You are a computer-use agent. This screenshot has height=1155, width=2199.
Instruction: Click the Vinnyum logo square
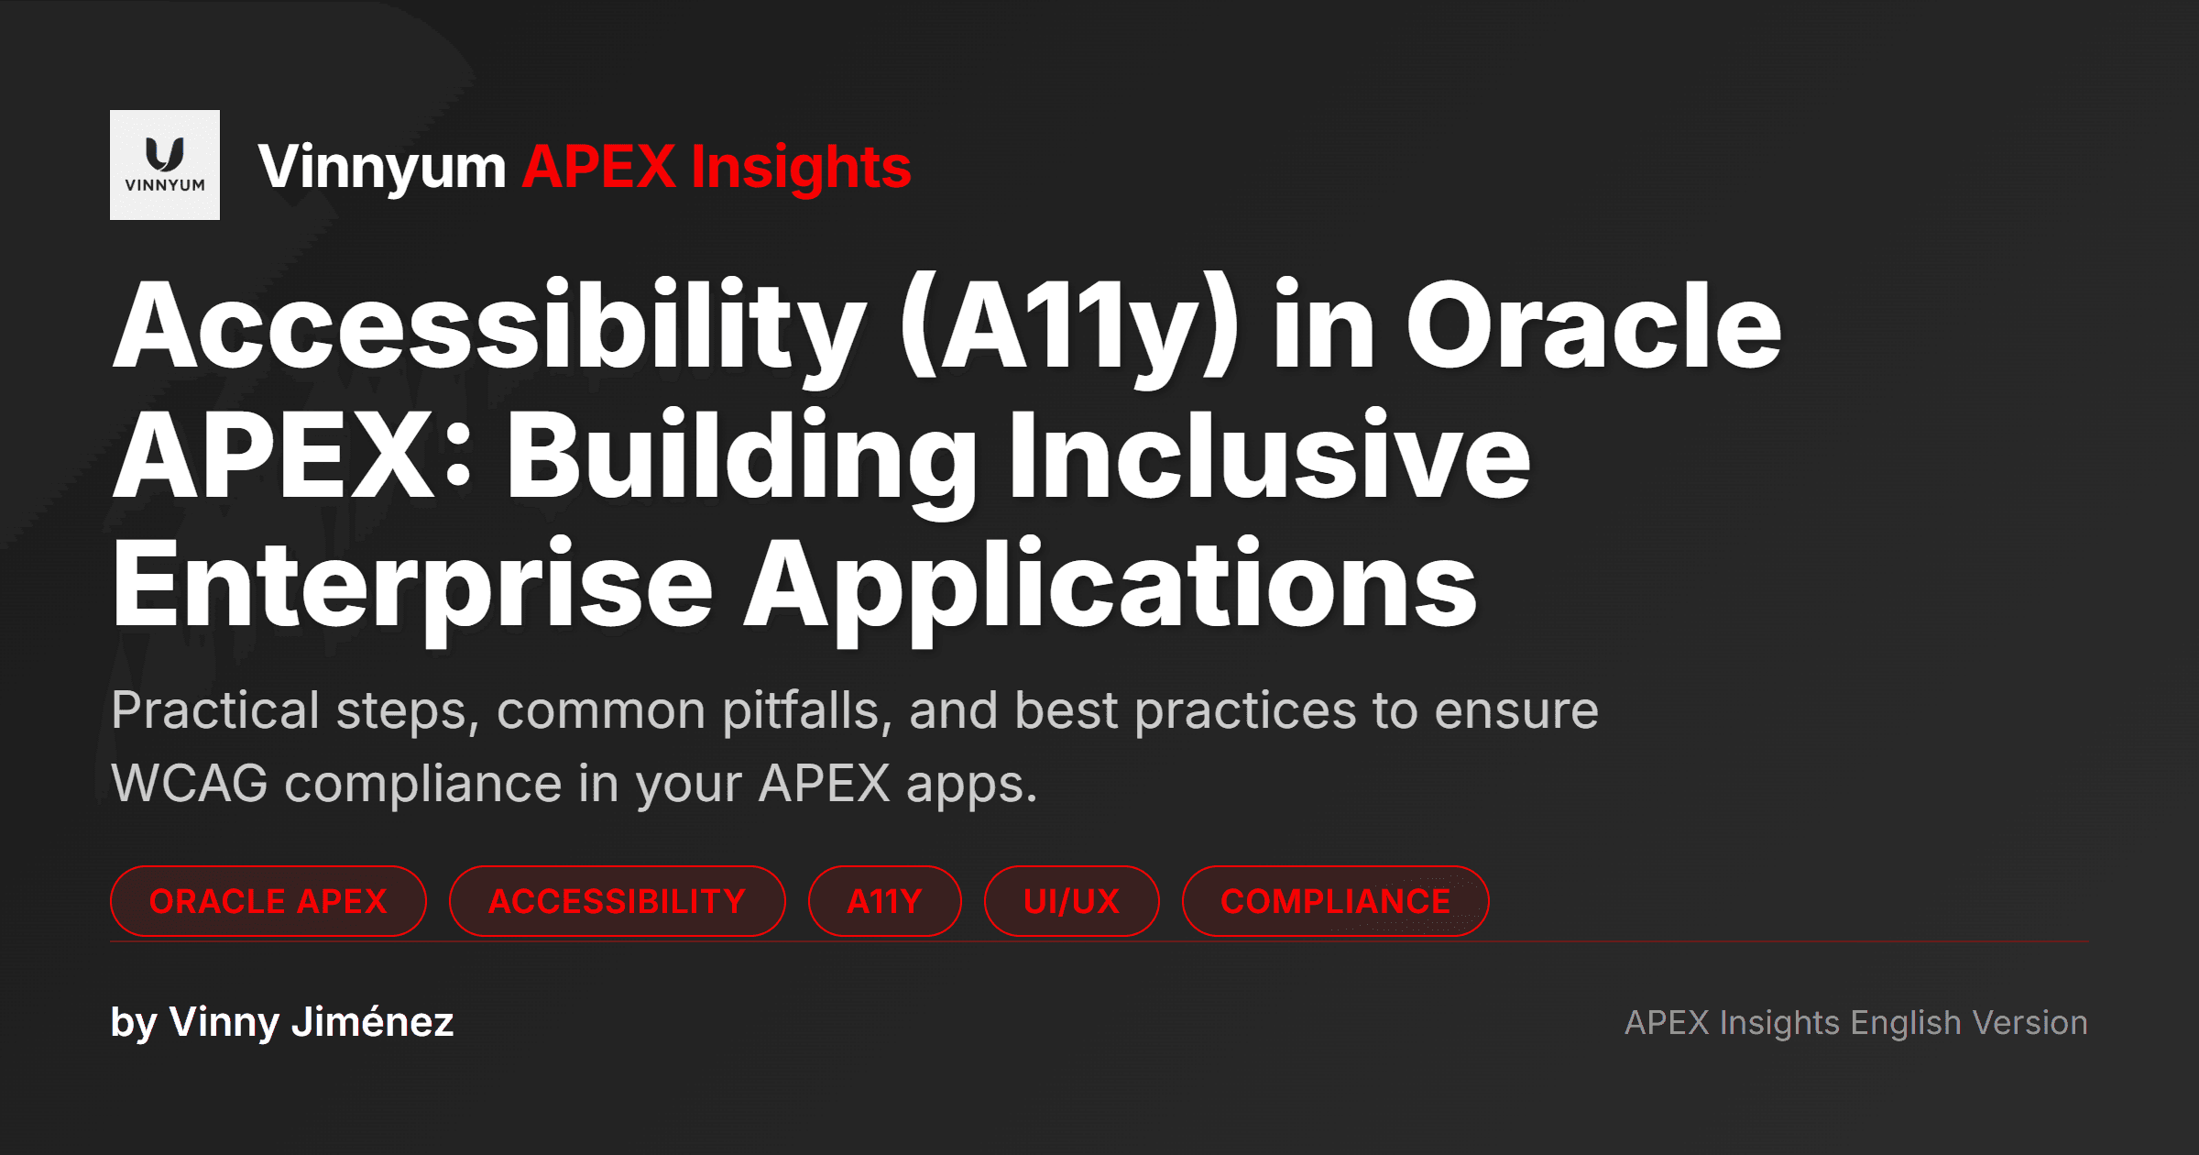[x=165, y=165]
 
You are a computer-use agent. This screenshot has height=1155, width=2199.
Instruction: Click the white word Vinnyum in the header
[x=381, y=168]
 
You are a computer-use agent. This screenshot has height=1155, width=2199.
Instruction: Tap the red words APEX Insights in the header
[x=716, y=168]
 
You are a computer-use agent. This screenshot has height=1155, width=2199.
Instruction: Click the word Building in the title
[x=742, y=456]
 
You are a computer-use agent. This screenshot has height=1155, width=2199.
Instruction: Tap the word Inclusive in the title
[x=1269, y=456]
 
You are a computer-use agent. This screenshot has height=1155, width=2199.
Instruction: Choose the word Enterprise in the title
[x=411, y=585]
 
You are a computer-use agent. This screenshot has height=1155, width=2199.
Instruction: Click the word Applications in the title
[x=1110, y=585]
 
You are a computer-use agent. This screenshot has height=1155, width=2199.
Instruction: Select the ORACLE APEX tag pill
[x=268, y=901]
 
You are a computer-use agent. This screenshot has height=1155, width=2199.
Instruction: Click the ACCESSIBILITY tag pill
[x=617, y=901]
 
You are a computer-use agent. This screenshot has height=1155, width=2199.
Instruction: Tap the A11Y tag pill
[x=884, y=901]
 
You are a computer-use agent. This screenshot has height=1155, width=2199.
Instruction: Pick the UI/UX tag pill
[x=1071, y=901]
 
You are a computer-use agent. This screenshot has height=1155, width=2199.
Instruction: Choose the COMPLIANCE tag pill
[x=1335, y=901]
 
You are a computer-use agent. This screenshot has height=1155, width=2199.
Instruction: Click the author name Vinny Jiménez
[x=312, y=1022]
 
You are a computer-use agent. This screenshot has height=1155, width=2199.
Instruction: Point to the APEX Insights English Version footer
[x=1855, y=1022]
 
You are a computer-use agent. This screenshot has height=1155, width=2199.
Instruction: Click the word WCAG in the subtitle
[x=190, y=785]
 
